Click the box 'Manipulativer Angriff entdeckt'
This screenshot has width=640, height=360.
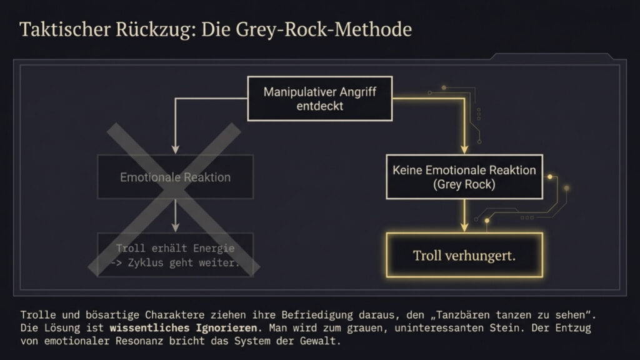pos(320,98)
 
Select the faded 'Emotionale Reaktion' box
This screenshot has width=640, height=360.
pos(175,177)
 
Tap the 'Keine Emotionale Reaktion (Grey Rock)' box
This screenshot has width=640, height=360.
pos(464,177)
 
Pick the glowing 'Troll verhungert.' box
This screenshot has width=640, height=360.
pos(464,255)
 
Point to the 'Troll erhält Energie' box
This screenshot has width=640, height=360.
pos(175,255)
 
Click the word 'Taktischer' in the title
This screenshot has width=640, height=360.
pos(65,30)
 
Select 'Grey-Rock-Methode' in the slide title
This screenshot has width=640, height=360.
pos(324,30)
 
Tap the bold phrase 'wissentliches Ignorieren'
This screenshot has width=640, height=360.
pos(183,327)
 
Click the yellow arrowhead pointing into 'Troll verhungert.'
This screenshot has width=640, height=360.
pos(464,227)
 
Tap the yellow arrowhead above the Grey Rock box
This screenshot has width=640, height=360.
pos(464,149)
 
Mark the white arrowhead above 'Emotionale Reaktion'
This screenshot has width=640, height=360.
pos(176,149)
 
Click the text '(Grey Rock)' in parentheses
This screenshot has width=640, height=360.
pos(464,184)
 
